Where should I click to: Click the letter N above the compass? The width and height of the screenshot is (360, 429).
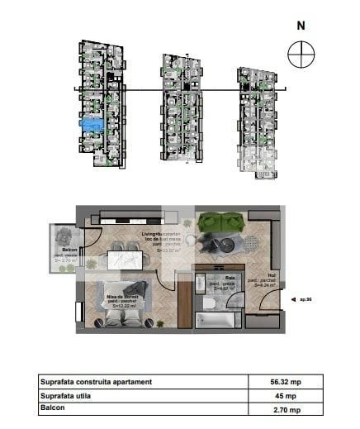pyautogui.click(x=301, y=25)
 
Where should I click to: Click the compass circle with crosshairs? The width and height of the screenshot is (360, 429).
pyautogui.click(x=301, y=55)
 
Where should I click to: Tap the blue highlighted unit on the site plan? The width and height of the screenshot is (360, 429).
pyautogui.click(x=92, y=124)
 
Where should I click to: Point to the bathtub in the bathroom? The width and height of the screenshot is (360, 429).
pyautogui.click(x=218, y=320)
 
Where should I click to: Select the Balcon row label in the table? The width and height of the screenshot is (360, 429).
pyautogui.click(x=57, y=408)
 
